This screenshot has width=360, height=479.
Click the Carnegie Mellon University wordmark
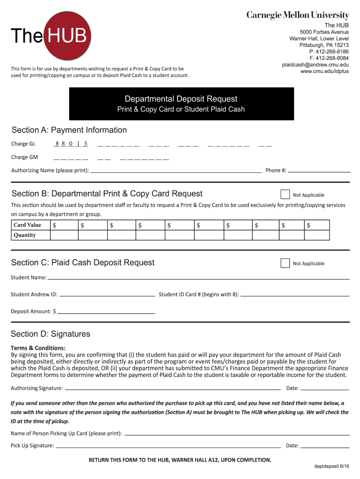tap(297, 15)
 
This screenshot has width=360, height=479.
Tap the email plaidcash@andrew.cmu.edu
tap(315, 65)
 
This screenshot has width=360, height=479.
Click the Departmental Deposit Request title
tap(181, 99)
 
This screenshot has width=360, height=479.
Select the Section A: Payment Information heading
tap(69, 130)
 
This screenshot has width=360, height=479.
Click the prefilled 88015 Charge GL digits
tap(72, 144)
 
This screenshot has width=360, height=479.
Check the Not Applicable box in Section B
tap(285, 195)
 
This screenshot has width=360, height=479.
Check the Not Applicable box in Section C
tap(285, 263)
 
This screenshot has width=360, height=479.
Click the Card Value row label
tap(27, 225)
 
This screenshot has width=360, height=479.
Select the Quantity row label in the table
tap(25, 235)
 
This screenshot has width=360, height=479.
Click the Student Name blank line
tap(198, 278)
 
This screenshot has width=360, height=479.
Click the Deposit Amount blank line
tap(106, 312)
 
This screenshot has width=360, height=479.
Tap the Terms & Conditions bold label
tap(38, 348)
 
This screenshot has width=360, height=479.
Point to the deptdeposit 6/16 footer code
tap(331, 467)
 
